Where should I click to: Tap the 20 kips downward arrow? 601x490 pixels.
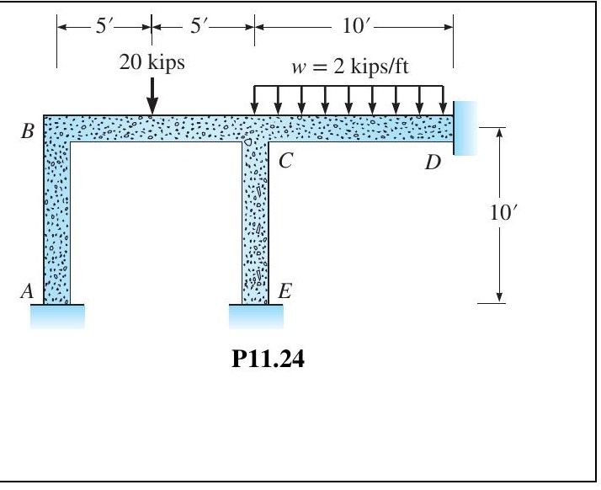(152, 95)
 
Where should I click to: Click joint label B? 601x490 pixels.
(29, 133)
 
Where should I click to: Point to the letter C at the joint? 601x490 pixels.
(285, 162)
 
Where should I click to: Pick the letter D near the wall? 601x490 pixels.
(433, 162)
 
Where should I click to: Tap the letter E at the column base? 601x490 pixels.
(285, 292)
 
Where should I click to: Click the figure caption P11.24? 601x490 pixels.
(255, 367)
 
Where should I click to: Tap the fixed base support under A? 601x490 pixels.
(58, 316)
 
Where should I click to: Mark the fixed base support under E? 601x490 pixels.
(256, 316)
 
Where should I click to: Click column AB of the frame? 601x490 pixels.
(57, 219)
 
